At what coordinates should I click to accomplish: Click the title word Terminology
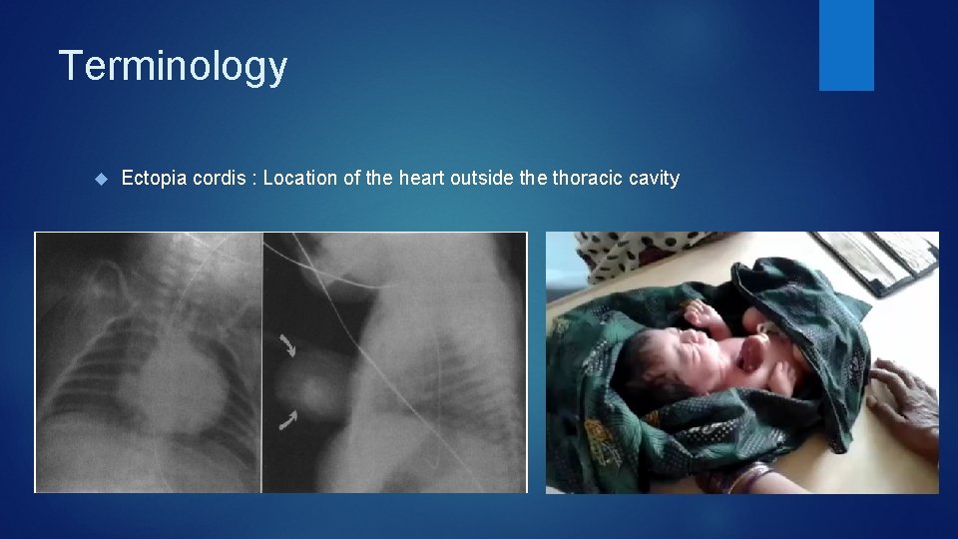[173, 67]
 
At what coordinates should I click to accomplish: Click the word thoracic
[588, 179]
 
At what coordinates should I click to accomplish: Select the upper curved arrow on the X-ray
[288, 346]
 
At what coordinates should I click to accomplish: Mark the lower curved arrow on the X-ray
[288, 420]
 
